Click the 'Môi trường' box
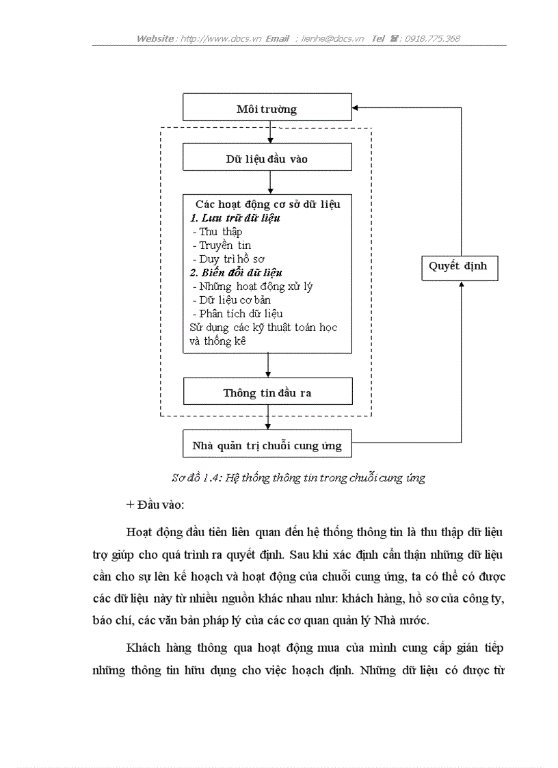point(267,107)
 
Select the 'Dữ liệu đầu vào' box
point(267,157)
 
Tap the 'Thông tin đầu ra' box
point(267,391)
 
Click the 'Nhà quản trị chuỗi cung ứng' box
point(267,443)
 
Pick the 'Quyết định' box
point(460,268)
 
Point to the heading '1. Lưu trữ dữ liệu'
point(235,218)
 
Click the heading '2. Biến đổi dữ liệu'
point(236,273)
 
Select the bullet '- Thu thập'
point(217,232)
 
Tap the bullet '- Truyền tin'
point(222,246)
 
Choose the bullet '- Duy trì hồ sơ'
point(228,259)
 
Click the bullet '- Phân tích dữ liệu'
point(237,313)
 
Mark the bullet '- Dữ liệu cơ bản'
point(231,300)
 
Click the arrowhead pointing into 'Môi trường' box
point(355,108)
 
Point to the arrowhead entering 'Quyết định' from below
point(461,284)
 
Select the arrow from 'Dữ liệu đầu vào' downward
point(270,183)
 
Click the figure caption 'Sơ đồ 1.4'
point(197,477)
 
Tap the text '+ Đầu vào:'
point(155,505)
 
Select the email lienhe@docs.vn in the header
point(332,39)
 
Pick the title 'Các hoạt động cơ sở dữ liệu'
point(267,204)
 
